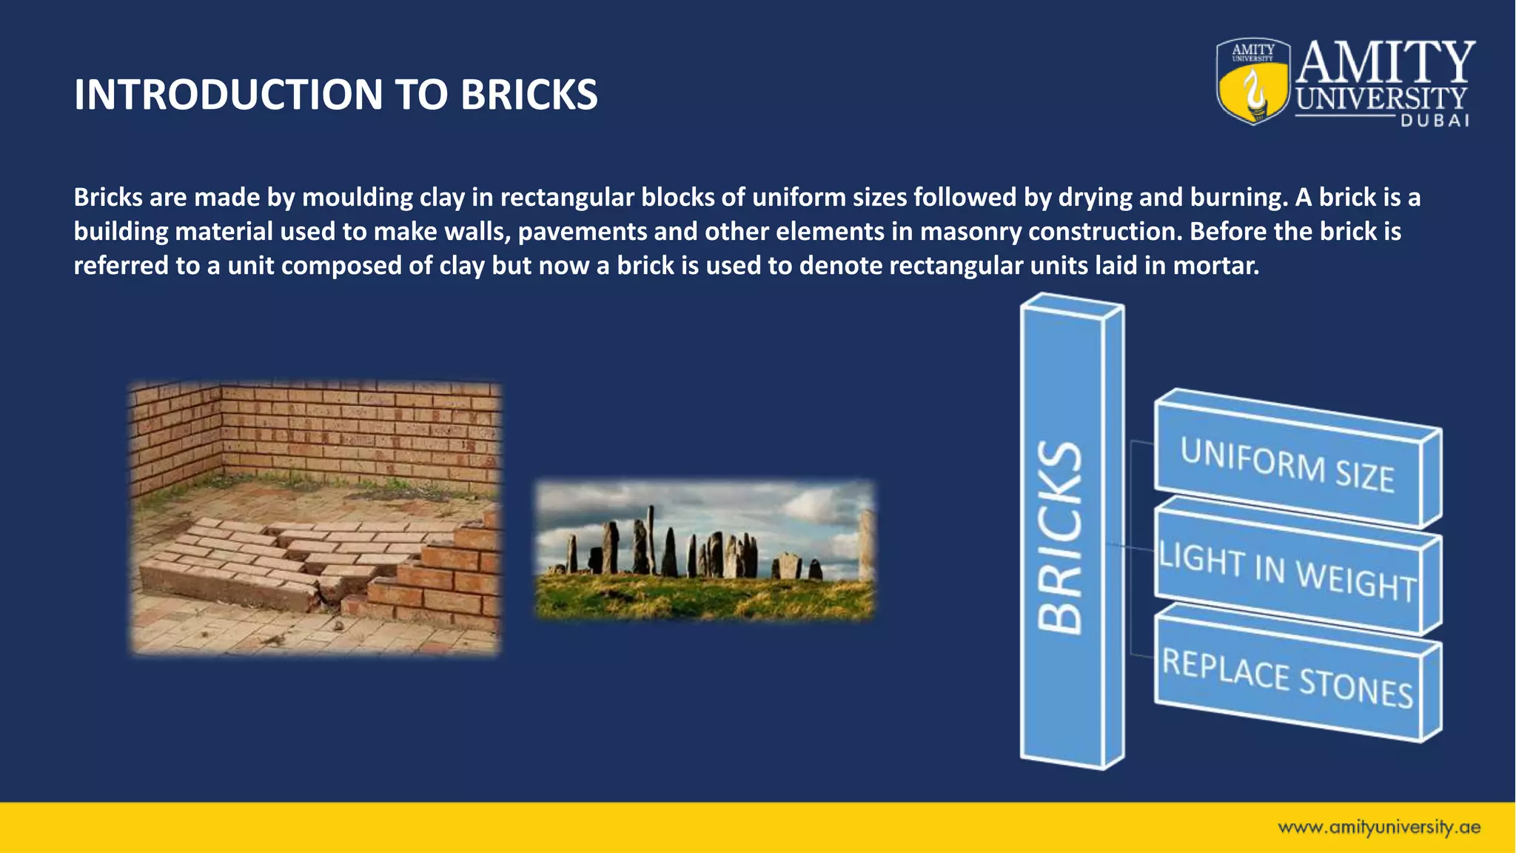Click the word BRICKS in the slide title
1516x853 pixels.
point(529,95)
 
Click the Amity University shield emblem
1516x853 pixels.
point(1252,81)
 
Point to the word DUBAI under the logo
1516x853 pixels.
point(1435,121)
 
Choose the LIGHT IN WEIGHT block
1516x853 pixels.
point(1287,571)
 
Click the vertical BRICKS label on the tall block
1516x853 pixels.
point(1061,538)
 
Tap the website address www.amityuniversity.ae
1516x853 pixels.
point(1378,827)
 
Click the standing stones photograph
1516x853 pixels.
point(704,549)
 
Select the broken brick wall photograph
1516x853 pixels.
point(315,518)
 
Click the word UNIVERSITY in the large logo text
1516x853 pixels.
point(1381,98)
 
